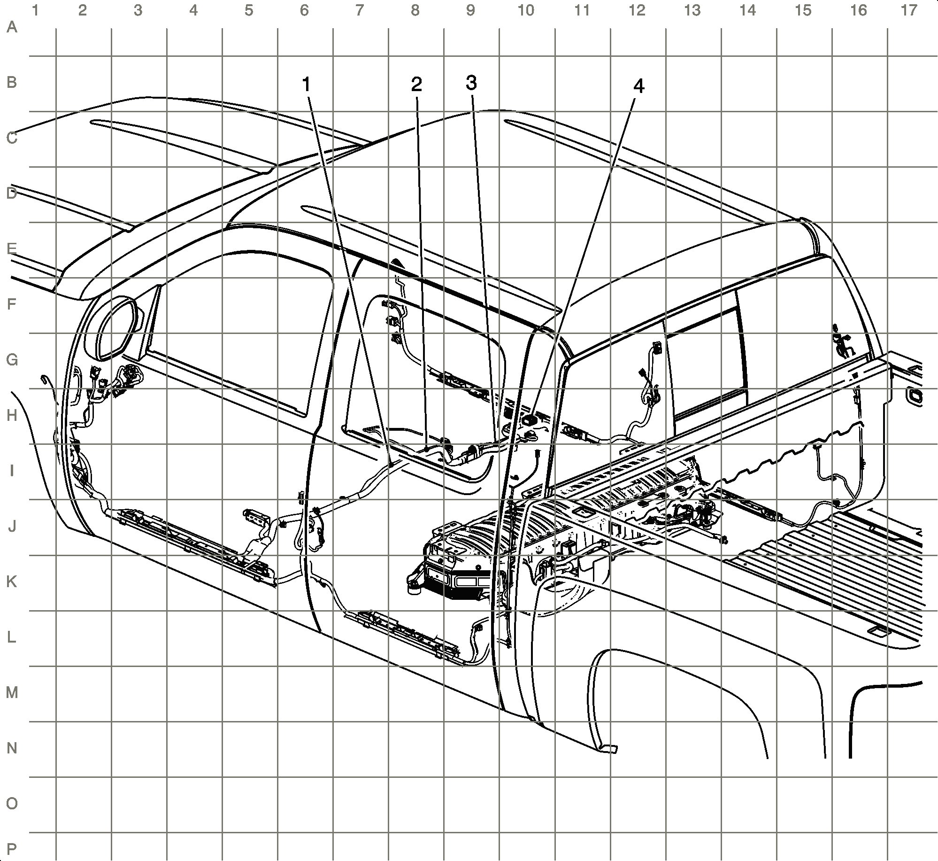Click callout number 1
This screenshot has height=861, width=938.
click(x=306, y=85)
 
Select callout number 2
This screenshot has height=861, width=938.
click(x=416, y=85)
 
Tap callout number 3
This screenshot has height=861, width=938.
click(x=471, y=83)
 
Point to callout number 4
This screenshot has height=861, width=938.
click(x=638, y=86)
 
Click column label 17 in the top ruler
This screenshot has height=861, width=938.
click(x=909, y=10)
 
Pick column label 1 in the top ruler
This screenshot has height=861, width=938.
click(x=34, y=10)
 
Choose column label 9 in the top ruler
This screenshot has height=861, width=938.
click(x=470, y=10)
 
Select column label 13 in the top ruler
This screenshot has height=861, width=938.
click(x=692, y=10)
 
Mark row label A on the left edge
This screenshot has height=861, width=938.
click(x=12, y=28)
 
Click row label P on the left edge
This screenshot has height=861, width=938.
click(x=12, y=834)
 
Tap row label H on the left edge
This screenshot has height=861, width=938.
click(x=12, y=416)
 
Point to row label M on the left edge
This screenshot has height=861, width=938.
click(x=12, y=693)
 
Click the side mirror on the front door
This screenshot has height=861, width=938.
click(x=115, y=329)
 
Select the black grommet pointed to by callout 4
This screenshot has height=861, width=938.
click(x=531, y=419)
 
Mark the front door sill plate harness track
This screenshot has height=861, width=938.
click(x=188, y=540)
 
